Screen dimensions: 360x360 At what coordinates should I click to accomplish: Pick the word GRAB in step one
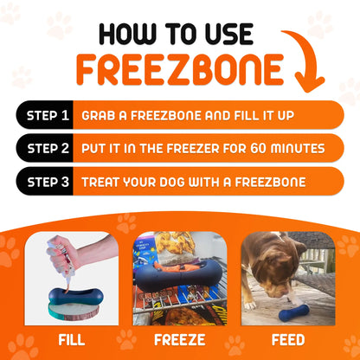click(98, 114)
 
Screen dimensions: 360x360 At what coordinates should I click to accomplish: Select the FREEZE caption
click(179, 339)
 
